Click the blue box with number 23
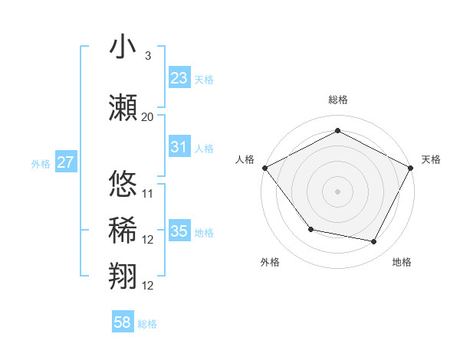pos(179,77)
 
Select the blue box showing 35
pos(179,231)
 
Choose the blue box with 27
pos(66,162)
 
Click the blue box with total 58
pos(123,322)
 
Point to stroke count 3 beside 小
pos(147,56)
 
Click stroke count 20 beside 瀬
pos(147,116)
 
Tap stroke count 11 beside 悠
pos(148,193)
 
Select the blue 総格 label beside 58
pos(147,324)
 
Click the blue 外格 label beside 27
pos(41,163)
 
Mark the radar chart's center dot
pos(337,191)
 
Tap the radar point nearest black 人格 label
pos(264,167)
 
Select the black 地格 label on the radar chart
pos(402,263)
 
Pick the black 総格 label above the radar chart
pos(337,100)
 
